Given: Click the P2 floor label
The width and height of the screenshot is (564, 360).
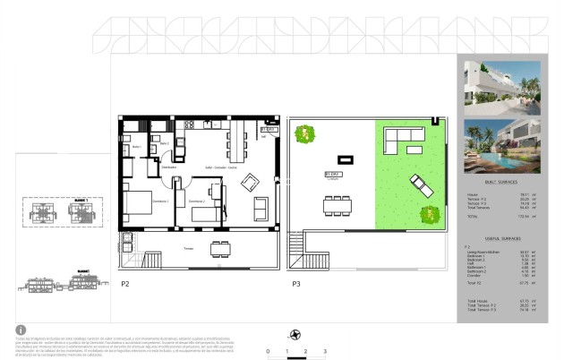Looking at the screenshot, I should [125, 284].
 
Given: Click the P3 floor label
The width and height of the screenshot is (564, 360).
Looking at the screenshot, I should [295, 284].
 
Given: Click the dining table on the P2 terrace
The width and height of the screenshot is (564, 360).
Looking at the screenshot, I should [218, 249].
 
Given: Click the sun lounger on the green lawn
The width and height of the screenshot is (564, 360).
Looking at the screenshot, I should [420, 187].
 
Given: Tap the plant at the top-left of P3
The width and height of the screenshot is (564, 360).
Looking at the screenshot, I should [307, 134].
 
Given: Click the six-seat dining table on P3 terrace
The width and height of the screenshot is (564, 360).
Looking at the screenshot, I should [338, 205].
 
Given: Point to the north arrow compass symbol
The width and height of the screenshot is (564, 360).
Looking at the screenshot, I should [295, 335].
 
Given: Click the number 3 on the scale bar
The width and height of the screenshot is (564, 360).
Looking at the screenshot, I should [325, 351].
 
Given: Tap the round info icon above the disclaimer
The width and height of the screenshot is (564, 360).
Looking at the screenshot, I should [21, 330].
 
